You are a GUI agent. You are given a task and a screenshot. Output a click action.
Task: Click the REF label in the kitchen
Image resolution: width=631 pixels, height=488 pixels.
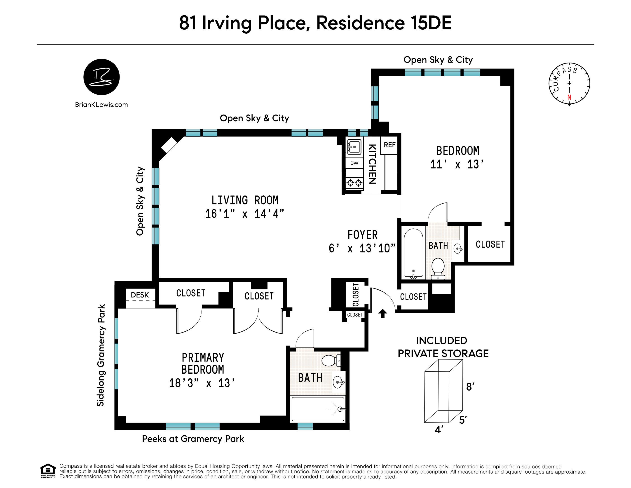click(389, 145)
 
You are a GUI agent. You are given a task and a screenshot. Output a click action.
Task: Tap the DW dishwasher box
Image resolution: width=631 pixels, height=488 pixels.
click(354, 163)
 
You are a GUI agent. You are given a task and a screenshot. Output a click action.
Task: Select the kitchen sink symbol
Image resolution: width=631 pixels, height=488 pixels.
click(354, 147)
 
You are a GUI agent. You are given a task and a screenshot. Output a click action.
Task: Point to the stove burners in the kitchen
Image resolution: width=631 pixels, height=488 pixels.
click(354, 183)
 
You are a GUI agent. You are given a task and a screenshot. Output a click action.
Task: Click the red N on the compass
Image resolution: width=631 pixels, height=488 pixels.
click(569, 97)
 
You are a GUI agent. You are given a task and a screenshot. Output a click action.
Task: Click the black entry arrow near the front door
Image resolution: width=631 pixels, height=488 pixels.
click(382, 313)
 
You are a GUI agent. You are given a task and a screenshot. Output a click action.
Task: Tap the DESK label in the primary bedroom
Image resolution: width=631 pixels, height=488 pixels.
click(140, 295)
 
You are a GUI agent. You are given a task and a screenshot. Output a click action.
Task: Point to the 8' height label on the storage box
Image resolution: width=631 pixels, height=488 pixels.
click(470, 387)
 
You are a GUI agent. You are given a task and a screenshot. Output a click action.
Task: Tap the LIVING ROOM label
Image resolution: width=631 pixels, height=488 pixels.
click(245, 200)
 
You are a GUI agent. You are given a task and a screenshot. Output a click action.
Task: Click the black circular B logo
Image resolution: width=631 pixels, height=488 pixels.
click(101, 77)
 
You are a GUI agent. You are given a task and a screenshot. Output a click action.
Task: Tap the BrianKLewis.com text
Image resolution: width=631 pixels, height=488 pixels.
click(101, 105)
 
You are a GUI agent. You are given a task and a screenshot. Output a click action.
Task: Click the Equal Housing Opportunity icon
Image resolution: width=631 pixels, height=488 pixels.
click(48, 471)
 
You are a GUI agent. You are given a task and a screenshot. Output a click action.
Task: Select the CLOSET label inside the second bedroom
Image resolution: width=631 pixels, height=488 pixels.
click(490, 244)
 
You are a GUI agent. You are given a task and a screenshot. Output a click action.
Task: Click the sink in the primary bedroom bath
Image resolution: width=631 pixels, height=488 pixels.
click(338, 382)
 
